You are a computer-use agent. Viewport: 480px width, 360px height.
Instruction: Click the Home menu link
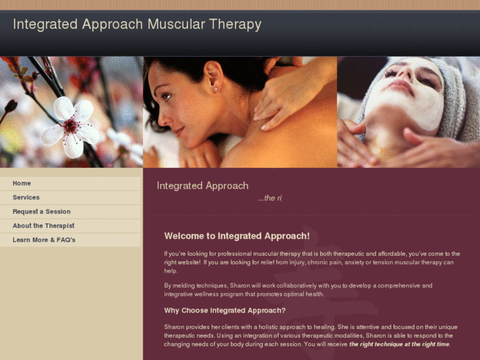pos(22,184)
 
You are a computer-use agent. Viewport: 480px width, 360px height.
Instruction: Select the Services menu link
pos(26,198)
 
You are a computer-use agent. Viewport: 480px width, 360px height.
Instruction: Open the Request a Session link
pos(42,212)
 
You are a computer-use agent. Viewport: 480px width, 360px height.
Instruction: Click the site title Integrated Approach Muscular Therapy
pos(137,25)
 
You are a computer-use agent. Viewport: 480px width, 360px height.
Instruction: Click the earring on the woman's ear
pos(215,88)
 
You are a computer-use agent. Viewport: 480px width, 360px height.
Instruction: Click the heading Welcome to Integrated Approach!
pos(236,236)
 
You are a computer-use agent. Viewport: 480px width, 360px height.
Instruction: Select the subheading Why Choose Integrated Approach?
pos(224,310)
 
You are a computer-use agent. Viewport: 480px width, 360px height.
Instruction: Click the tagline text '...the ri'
pos(269,198)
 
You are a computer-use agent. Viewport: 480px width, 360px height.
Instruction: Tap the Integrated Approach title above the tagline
pos(202,186)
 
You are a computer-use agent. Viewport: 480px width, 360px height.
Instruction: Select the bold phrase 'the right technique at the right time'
pos(399,345)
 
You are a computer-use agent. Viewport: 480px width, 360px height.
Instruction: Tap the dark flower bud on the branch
pos(10,106)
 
